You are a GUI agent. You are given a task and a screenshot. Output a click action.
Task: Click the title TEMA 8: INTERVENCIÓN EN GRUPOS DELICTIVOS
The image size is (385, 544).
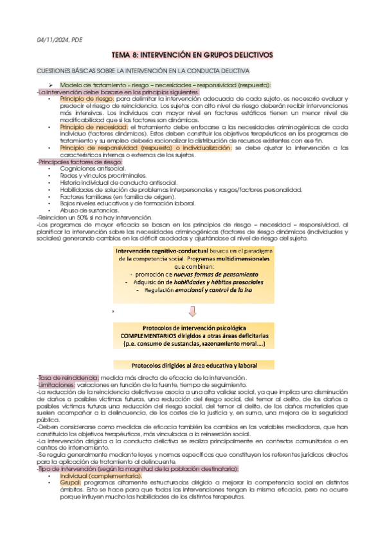(x=192, y=56)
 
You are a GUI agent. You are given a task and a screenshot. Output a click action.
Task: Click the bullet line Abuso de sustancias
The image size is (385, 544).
(x=89, y=210)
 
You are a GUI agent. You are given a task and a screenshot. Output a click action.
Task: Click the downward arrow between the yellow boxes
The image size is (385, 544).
(x=192, y=312)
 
